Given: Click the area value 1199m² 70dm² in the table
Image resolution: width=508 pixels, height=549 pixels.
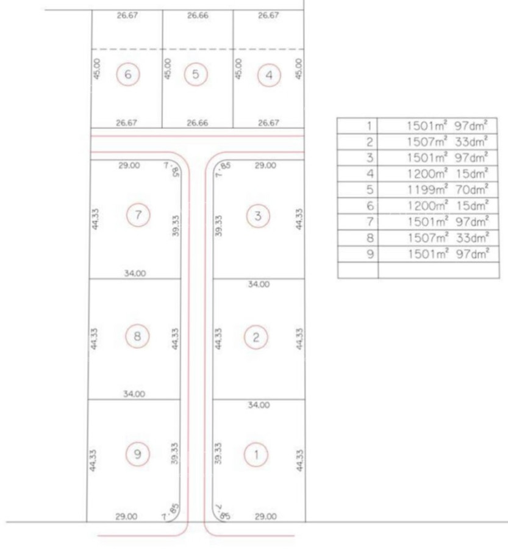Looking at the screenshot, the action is click(x=448, y=190).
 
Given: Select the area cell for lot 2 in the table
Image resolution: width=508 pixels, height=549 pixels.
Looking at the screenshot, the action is click(x=438, y=142).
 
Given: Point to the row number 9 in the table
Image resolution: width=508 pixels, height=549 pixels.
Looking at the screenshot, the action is click(x=370, y=254).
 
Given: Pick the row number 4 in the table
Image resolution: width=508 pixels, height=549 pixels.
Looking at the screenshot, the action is click(x=370, y=174).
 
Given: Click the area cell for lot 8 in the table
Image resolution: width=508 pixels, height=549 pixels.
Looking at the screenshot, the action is click(x=438, y=238).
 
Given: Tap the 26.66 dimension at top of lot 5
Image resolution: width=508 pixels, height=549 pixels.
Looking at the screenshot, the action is click(x=198, y=15).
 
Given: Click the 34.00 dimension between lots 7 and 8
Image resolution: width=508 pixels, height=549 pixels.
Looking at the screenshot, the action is click(x=135, y=273).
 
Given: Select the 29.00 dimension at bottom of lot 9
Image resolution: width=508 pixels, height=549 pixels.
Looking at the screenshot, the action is click(x=126, y=517).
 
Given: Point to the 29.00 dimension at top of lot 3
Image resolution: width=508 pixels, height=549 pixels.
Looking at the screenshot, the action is click(x=265, y=165).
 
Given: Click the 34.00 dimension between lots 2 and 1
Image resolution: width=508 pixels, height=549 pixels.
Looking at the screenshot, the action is click(x=259, y=405).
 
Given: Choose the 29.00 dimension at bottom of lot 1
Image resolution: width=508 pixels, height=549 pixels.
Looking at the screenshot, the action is click(x=265, y=517).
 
